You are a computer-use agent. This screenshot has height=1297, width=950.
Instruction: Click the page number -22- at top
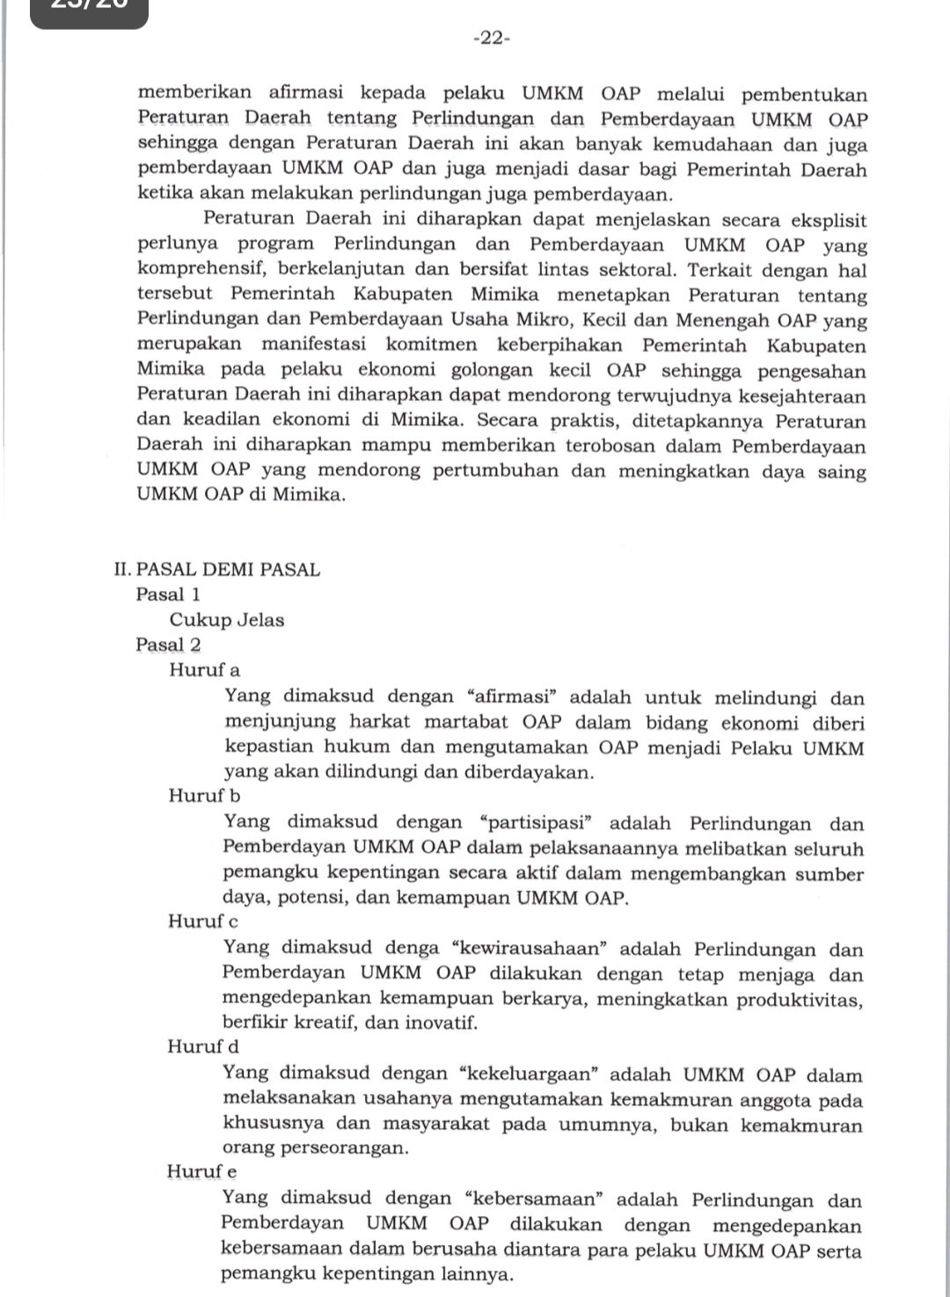coord(491,38)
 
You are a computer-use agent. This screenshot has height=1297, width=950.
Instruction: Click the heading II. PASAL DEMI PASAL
coord(216,569)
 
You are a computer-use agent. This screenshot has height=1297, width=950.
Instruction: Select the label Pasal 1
coord(168,594)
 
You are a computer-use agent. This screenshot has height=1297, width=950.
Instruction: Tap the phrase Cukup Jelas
coord(227,620)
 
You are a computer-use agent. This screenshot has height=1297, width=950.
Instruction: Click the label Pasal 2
coord(168,645)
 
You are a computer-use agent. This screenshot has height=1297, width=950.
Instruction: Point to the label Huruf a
coord(204,670)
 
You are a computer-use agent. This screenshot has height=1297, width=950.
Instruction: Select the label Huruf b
coord(204,796)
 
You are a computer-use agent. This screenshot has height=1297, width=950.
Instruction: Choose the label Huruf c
coord(203,922)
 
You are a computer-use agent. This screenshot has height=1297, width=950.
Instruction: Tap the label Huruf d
coord(203,1046)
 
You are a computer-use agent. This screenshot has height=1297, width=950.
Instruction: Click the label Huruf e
coord(202,1171)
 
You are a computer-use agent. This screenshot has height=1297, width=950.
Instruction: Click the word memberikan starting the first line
coord(195,93)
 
